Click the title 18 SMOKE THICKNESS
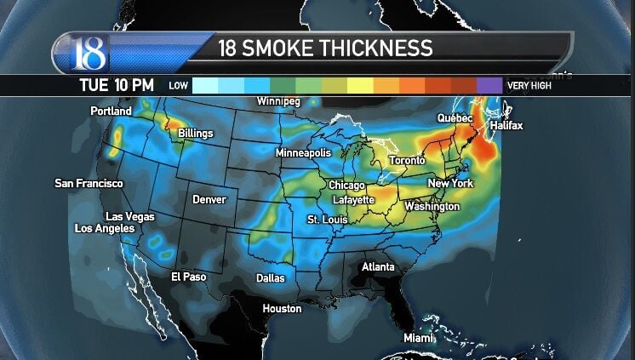click(326, 48)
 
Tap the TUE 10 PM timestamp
click(116, 85)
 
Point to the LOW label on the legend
click(178, 85)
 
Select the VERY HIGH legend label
click(529, 85)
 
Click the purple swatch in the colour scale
click(489, 85)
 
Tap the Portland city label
click(111, 111)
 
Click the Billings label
click(196, 134)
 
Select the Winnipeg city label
click(278, 102)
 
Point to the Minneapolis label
click(303, 152)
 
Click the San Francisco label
click(89, 183)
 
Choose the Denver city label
click(209, 199)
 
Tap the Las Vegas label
click(130, 217)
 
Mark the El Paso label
click(188, 277)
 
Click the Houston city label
click(282, 308)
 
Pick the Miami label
click(419, 338)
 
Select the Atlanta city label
click(378, 266)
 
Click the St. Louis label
click(328, 220)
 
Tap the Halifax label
click(506, 126)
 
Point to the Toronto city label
click(407, 161)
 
